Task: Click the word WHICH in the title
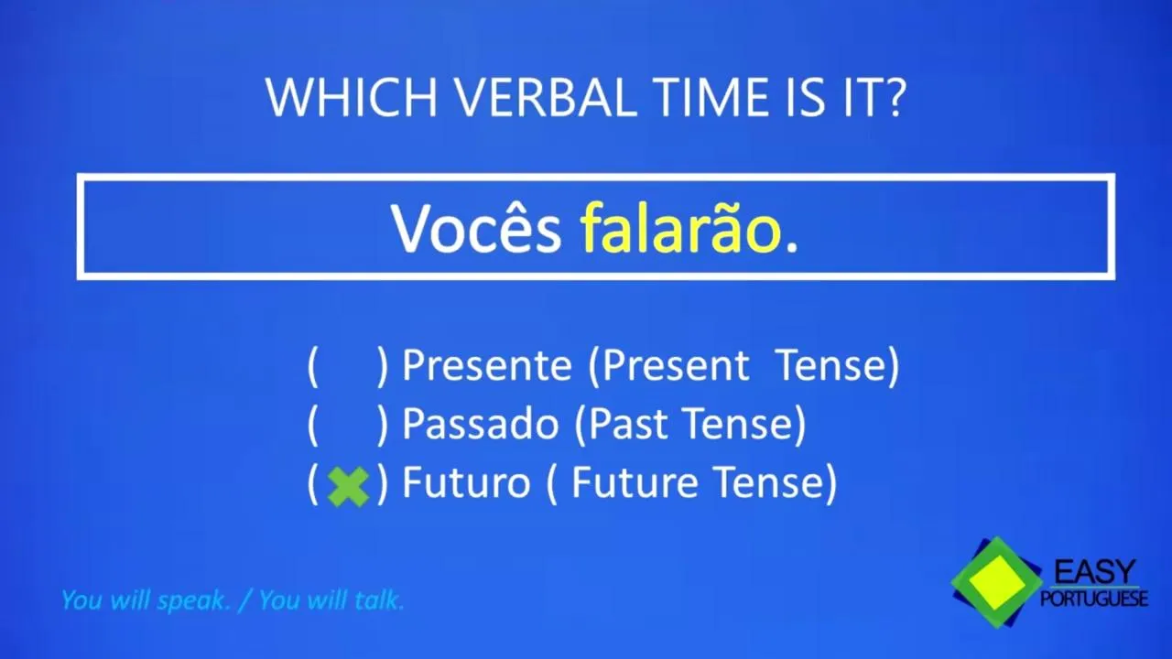[352, 98]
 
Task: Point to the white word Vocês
[476, 230]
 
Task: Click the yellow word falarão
[682, 228]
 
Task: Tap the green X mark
[348, 486]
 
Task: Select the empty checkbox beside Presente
[348, 366]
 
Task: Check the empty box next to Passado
[348, 425]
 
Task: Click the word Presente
[486, 365]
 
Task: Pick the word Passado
[481, 424]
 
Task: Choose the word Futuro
[466, 482]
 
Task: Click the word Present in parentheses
[676, 365]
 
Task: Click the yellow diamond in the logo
[997, 583]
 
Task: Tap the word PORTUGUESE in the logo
[1094, 598]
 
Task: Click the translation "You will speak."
[146, 600]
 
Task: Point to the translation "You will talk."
[331, 600]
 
